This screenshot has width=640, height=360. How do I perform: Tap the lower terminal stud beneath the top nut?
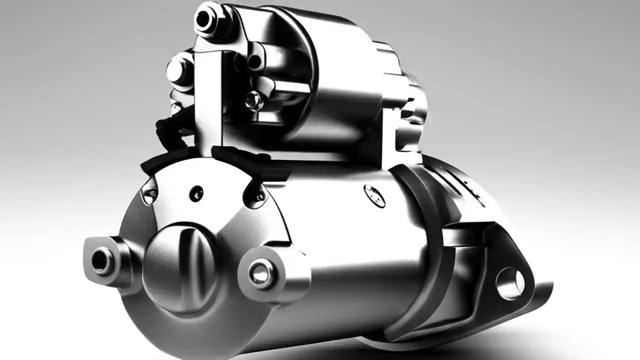click(177, 70)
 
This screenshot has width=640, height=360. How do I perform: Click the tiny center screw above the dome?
click(196, 192)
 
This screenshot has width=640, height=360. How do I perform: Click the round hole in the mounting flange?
click(510, 283)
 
